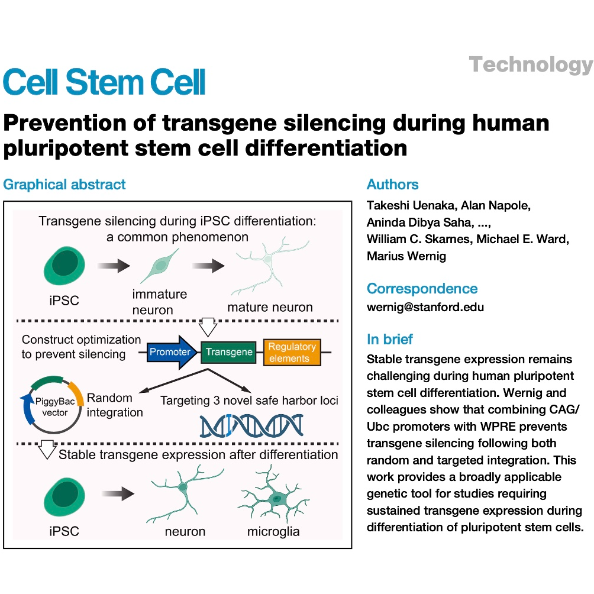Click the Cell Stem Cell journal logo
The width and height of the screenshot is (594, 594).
click(x=104, y=82)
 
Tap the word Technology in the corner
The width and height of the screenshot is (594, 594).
click(x=531, y=64)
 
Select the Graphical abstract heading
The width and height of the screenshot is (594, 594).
click(x=64, y=185)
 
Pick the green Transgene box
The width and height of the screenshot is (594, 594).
click(x=228, y=352)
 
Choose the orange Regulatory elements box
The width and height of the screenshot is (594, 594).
click(x=292, y=352)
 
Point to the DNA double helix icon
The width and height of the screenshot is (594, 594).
click(x=251, y=426)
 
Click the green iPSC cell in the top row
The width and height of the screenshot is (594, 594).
click(x=64, y=266)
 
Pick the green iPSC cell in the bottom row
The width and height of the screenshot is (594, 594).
click(x=64, y=496)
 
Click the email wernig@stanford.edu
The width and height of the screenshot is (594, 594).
click(x=425, y=307)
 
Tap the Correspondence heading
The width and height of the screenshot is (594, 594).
click(x=422, y=289)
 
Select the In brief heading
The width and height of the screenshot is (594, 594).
click(x=389, y=339)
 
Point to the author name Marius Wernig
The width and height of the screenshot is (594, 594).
click(x=406, y=256)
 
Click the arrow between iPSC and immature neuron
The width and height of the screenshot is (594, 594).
click(x=114, y=266)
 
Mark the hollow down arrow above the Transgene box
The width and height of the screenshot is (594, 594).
click(x=208, y=327)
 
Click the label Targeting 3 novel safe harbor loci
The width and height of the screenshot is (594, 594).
click(x=249, y=401)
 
